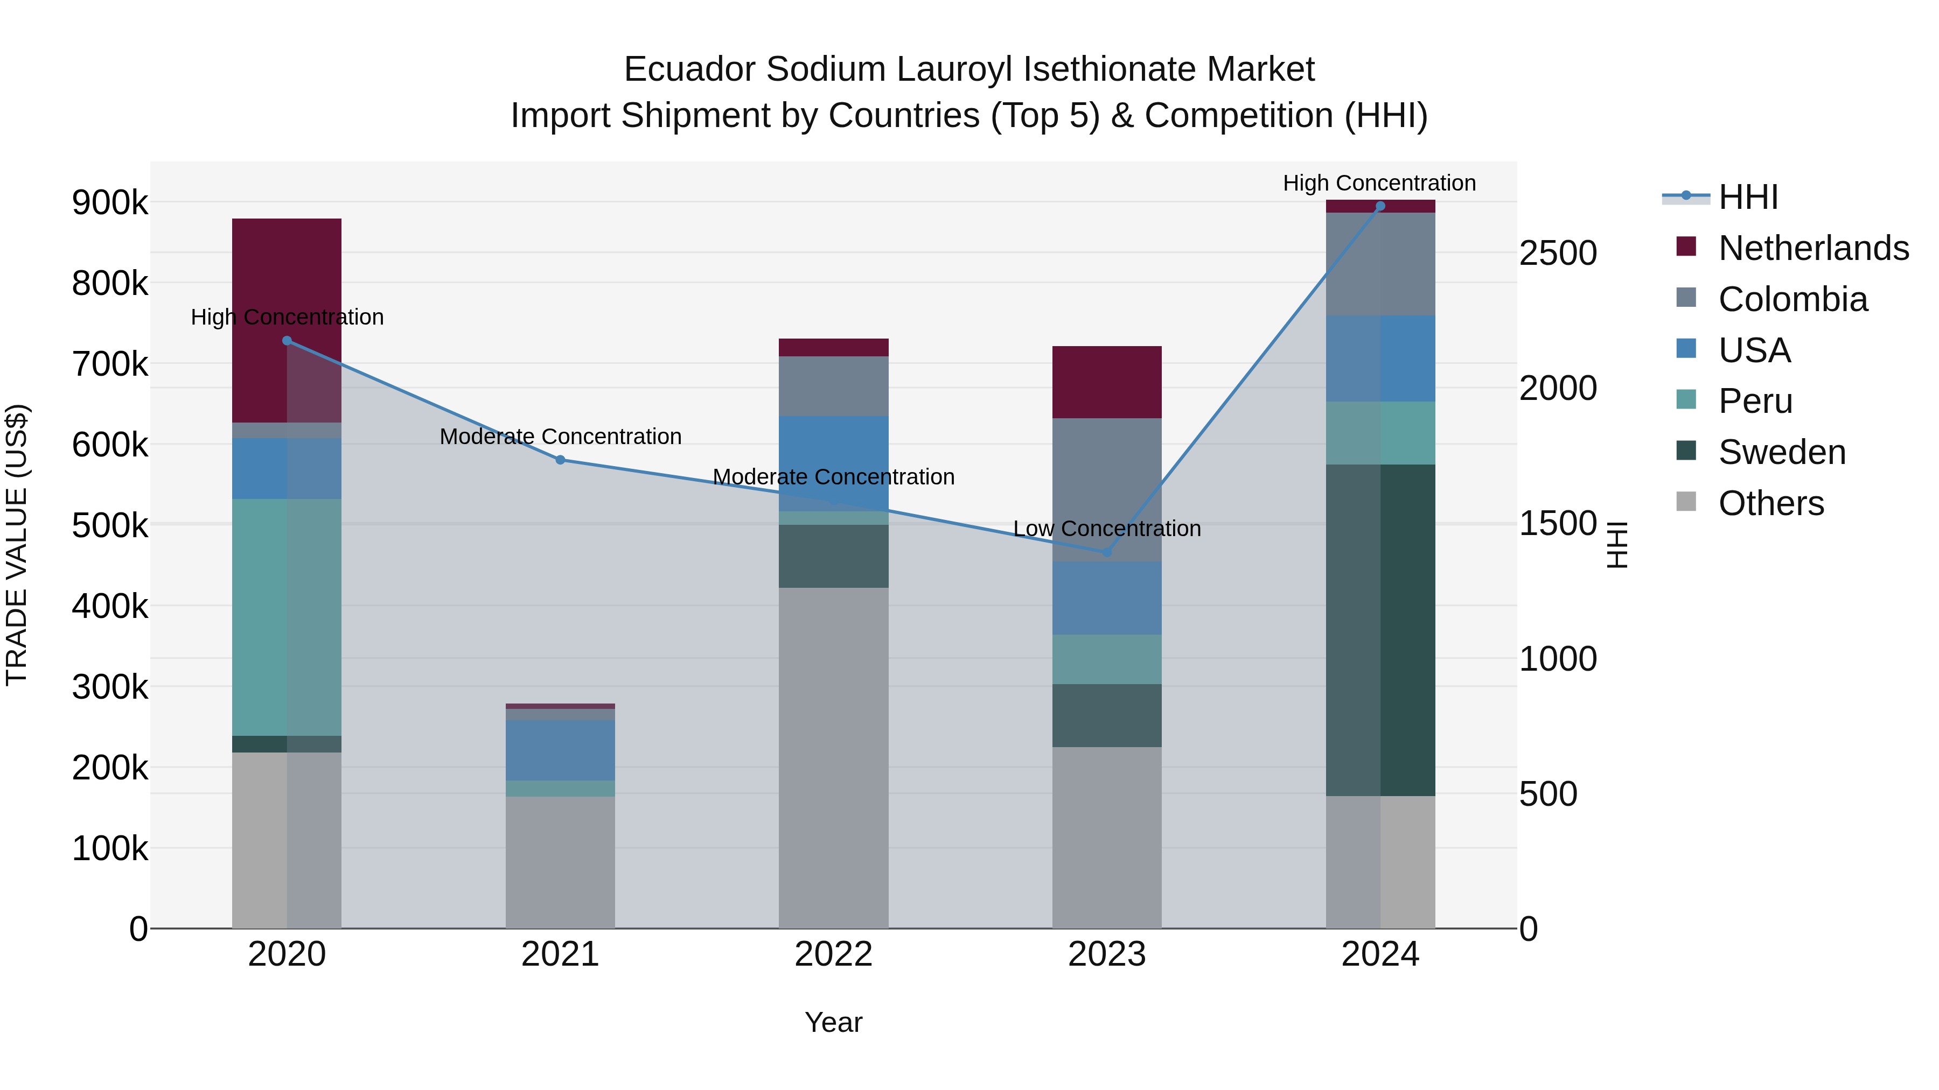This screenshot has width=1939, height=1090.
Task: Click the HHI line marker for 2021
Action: click(560, 460)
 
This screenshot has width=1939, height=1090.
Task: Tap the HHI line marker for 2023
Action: click(1106, 552)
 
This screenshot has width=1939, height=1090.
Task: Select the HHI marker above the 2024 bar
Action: click(1380, 206)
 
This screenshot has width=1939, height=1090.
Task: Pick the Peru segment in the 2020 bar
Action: click(287, 617)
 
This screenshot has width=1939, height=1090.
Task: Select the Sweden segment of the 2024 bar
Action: click(1380, 630)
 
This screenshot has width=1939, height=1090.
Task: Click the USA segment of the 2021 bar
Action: click(560, 750)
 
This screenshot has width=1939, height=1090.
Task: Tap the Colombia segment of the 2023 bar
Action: click(1106, 489)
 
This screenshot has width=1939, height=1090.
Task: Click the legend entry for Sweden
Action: click(1781, 452)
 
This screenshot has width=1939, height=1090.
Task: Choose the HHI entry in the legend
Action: click(1748, 197)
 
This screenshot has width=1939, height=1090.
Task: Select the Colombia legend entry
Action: click(1792, 299)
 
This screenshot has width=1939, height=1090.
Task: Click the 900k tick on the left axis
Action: click(110, 202)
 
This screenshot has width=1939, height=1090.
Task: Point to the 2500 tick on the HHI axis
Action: click(1557, 253)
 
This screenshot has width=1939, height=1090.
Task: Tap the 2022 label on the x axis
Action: click(833, 954)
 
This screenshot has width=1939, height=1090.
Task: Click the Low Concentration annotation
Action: click(1106, 529)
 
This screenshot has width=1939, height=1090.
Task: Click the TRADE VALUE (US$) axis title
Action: click(17, 545)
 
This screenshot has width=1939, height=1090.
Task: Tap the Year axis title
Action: click(833, 1022)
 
